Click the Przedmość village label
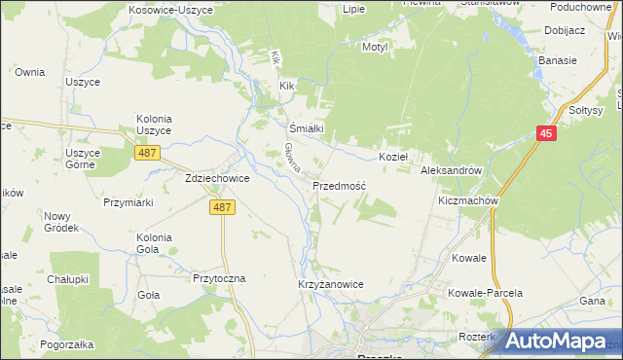click(x=339, y=185)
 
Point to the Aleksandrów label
click(x=452, y=170)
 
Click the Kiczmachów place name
click(x=468, y=201)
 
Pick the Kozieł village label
click(x=393, y=156)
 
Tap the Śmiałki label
click(x=307, y=127)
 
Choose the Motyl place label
click(x=375, y=47)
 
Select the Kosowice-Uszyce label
click(x=163, y=9)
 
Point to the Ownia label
click(x=30, y=72)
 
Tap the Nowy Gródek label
click(x=59, y=222)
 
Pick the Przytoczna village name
click(x=220, y=277)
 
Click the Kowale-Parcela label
click(x=486, y=293)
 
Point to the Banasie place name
click(x=558, y=60)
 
